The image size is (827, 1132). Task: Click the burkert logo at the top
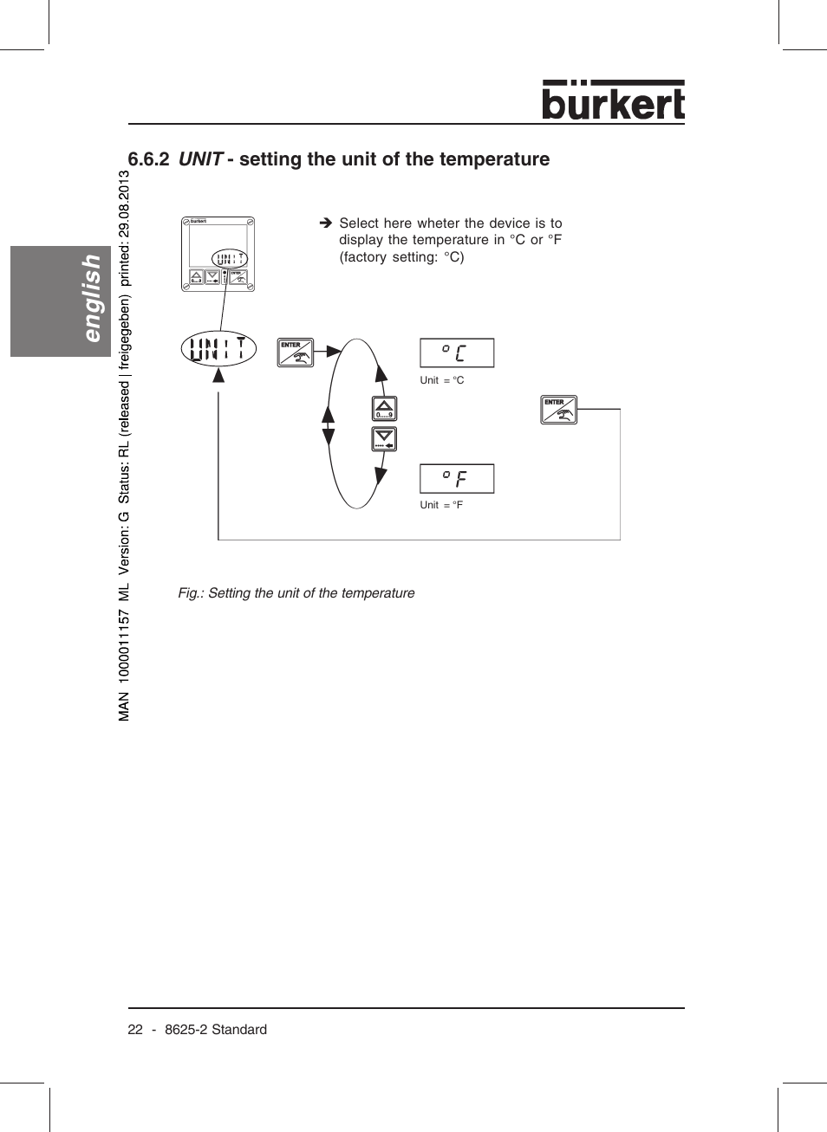613,100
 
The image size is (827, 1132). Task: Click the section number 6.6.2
148,159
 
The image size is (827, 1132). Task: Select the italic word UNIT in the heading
201,159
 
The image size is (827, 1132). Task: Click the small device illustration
218,254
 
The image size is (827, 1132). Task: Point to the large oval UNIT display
218,349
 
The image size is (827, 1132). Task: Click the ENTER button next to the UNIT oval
295,353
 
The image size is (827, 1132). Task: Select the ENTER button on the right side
558,410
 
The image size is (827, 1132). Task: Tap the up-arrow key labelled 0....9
384,409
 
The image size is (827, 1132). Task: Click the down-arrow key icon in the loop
384,439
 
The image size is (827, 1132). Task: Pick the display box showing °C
457,353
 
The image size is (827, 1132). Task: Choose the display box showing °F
457,478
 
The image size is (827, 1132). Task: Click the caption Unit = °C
442,380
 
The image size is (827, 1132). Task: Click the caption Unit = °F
441,505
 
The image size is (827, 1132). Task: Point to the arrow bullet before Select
326,223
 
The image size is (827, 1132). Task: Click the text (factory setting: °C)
401,257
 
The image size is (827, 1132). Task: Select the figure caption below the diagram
296,593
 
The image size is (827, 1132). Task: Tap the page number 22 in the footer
135,1030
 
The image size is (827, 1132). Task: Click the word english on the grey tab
90,298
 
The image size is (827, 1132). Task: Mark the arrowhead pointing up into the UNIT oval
218,375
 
